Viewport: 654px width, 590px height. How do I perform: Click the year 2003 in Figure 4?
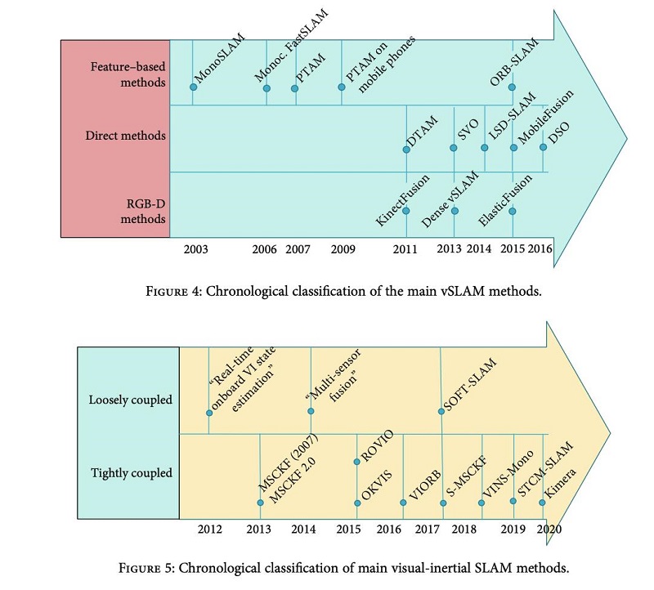[197, 249]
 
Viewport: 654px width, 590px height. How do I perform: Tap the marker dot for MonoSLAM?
[193, 85]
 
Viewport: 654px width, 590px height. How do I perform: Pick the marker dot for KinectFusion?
[406, 210]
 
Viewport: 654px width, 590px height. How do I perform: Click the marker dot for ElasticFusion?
[513, 210]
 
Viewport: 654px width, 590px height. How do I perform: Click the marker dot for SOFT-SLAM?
[441, 411]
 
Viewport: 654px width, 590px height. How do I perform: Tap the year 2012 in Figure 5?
[210, 530]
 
